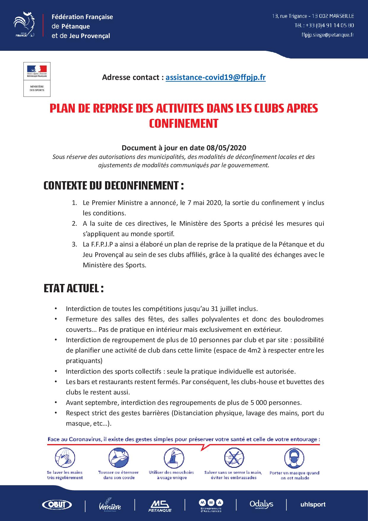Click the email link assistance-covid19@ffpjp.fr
215,78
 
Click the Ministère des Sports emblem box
37,79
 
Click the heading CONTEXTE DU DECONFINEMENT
114,186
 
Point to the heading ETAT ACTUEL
74,288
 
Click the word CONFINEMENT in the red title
183,123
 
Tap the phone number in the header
324,26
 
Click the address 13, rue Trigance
290,16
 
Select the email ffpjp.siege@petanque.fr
327,35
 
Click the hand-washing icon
65,458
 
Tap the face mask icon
294,459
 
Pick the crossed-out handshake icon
234,458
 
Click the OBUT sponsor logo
57,504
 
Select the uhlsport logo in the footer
313,504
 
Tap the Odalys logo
261,504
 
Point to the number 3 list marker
74,244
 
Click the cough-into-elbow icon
118,458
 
